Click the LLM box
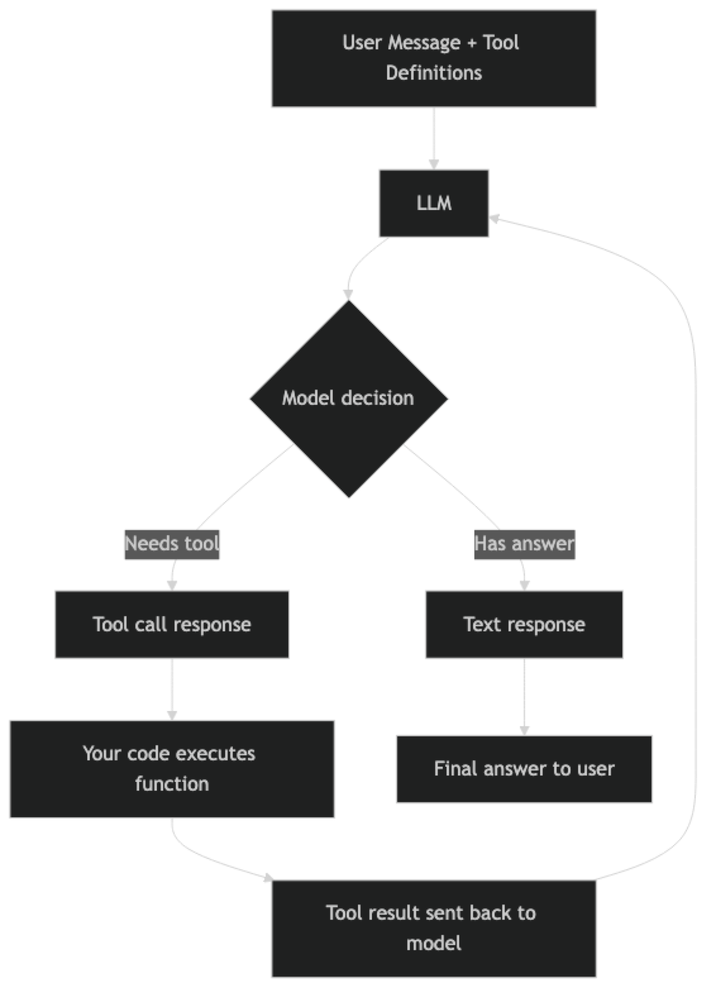(434, 203)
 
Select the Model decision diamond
(349, 398)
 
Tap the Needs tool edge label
(172, 543)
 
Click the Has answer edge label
(524, 543)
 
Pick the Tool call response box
(172, 624)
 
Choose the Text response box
(524, 624)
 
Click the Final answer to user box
(524, 769)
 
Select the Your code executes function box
(172, 769)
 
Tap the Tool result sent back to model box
(434, 928)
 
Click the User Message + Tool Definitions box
(434, 58)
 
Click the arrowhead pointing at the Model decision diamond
(348, 294)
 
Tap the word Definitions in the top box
(434, 73)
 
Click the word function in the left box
(172, 784)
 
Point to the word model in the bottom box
(434, 943)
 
